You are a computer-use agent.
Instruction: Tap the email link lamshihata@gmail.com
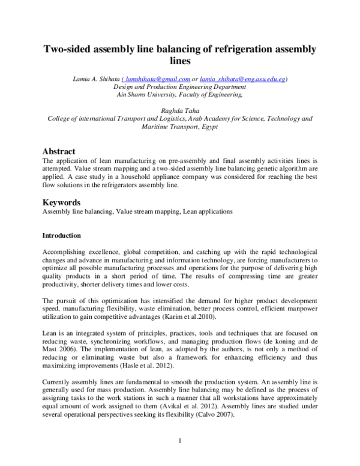[x=156, y=79]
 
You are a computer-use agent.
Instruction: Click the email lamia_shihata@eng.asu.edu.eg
[x=242, y=79]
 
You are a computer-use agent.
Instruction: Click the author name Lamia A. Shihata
[x=96, y=79]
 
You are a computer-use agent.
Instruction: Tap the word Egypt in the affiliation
[x=209, y=127]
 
